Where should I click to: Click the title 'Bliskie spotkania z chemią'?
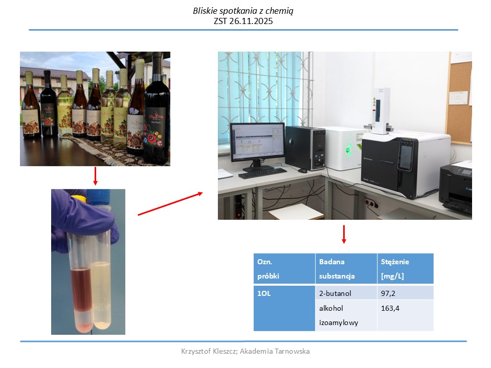(x=243, y=11)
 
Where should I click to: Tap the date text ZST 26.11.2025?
(x=243, y=21)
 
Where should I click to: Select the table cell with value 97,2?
(x=405, y=293)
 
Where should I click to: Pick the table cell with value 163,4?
(x=405, y=315)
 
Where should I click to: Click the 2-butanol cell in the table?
(x=346, y=293)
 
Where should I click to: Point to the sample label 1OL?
(x=264, y=293)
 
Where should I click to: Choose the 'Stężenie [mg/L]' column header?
(x=405, y=268)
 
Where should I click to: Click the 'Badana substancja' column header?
(x=346, y=268)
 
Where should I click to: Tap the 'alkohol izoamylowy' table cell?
(x=346, y=315)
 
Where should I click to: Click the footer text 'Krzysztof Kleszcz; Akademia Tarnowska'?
(x=245, y=351)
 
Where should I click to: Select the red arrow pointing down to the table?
(x=344, y=235)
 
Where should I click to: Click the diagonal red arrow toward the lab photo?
(x=170, y=204)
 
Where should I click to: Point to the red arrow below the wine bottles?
(x=96, y=176)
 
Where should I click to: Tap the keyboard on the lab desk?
(x=262, y=173)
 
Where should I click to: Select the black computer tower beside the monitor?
(x=305, y=148)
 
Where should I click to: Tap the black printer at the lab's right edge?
(x=456, y=187)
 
